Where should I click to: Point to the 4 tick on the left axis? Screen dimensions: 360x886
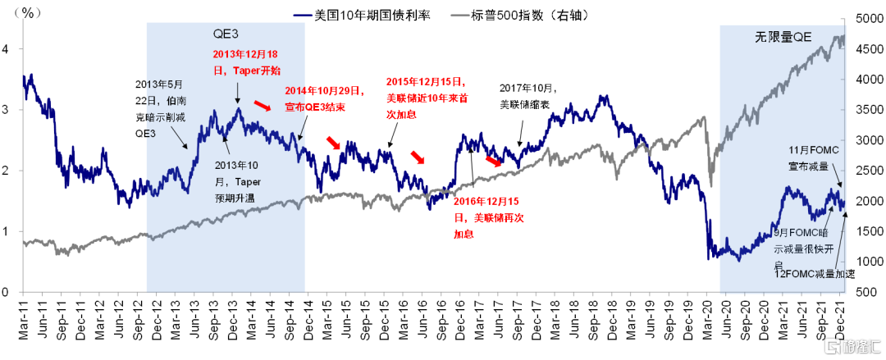pyautogui.click(x=8, y=49)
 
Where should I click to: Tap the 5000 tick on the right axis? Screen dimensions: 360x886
pyautogui.click(x=868, y=19)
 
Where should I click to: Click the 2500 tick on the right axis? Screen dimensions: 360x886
pyautogui.click(x=868, y=171)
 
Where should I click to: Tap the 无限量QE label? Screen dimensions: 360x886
pyautogui.click(x=783, y=38)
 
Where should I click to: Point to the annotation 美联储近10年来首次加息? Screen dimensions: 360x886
pyautogui.click(x=426, y=98)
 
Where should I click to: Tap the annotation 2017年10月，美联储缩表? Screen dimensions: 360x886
pyautogui.click(x=528, y=96)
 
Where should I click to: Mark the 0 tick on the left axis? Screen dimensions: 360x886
pyautogui.click(x=8, y=292)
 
